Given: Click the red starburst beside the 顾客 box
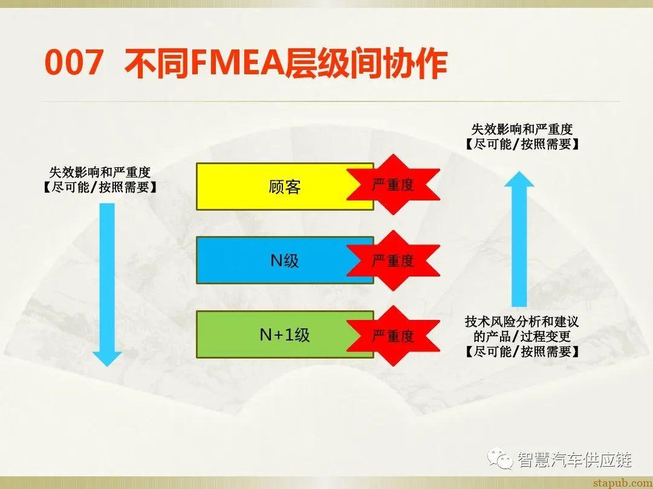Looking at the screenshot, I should tap(393, 185).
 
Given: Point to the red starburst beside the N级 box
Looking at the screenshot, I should tap(393, 260).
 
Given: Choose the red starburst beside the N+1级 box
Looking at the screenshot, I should tap(393, 336).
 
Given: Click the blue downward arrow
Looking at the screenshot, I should tap(107, 284).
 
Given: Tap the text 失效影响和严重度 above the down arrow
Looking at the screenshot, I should tap(100, 173).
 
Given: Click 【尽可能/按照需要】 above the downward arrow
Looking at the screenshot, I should tap(100, 187).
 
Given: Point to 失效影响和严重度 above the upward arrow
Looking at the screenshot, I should tap(522, 129).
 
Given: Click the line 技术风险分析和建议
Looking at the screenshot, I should tap(522, 322).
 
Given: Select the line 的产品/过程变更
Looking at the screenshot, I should tap(522, 336).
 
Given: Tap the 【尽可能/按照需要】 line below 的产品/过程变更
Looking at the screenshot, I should tap(522, 351).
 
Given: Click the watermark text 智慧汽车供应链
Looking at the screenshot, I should tap(574, 460).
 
